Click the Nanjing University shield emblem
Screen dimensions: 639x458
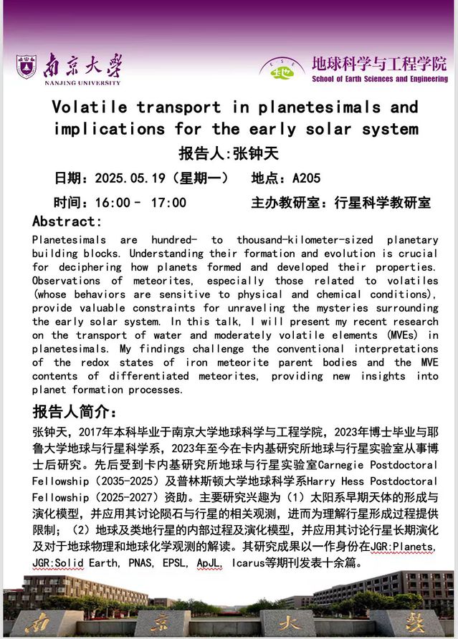point(27,67)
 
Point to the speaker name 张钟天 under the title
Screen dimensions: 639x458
point(255,153)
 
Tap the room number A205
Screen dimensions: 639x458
point(307,178)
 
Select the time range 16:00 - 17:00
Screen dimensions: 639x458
point(140,203)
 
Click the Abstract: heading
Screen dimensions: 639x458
point(67,221)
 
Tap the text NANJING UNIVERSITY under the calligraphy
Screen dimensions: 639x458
point(69,82)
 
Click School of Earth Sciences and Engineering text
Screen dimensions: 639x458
point(380,79)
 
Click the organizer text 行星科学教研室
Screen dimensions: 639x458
point(383,203)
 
